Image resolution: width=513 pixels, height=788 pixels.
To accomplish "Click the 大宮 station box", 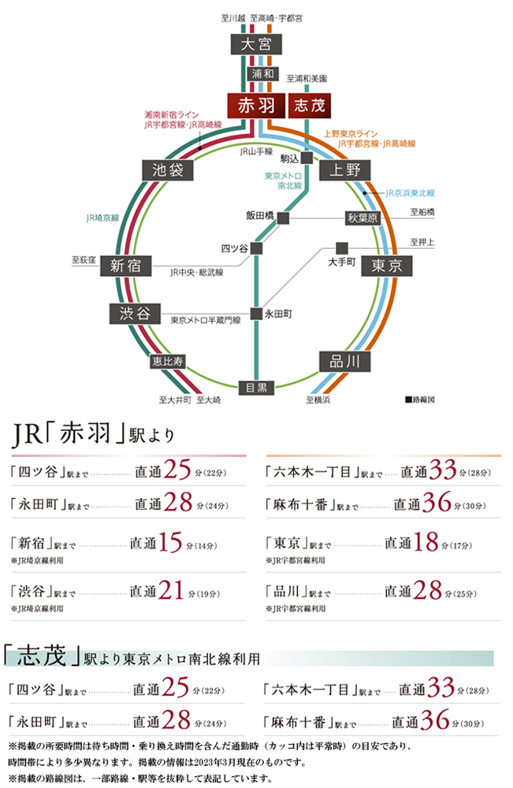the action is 256,44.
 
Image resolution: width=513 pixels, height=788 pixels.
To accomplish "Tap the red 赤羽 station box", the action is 256,106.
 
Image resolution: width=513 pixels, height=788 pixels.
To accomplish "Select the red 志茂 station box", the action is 310,106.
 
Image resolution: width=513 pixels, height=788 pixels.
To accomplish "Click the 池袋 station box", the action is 168,170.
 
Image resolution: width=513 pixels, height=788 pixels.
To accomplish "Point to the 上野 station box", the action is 345,170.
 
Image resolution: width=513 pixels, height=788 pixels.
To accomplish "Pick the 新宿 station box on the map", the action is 125,266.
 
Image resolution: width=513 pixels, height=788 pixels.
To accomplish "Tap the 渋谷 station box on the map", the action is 135,314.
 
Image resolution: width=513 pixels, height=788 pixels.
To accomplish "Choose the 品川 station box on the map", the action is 345,362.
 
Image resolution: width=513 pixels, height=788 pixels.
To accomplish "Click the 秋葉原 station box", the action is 362,218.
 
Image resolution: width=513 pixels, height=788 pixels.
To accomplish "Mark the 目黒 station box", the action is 256,388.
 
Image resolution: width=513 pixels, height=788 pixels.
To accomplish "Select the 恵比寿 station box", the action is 168,361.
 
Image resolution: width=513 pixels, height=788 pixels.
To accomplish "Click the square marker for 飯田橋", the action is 284,218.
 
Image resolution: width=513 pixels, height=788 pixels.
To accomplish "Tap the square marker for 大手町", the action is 342,248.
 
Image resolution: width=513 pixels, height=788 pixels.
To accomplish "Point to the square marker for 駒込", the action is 307,158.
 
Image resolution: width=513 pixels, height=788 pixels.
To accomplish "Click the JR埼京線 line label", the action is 102,218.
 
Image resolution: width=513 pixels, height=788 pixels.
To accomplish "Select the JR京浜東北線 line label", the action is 410,193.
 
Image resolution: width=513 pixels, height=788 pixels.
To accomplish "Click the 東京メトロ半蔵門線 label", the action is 206,320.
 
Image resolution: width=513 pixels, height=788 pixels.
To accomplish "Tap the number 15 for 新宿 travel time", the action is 170,542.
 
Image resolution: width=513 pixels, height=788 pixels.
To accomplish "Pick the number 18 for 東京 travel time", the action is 426,542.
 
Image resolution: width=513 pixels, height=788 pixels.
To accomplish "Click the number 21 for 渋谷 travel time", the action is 171,590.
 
